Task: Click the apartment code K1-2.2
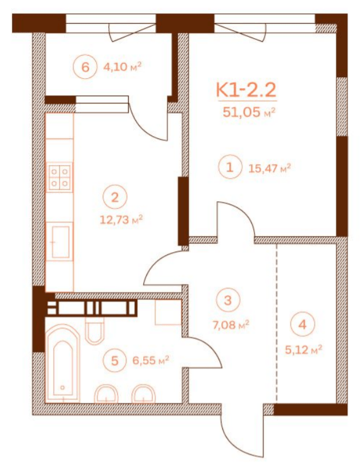[x=245, y=90]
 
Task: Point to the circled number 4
[x=302, y=325]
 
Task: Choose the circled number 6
[x=85, y=67]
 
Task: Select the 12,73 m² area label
[x=121, y=220]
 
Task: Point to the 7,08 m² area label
[x=232, y=325]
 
